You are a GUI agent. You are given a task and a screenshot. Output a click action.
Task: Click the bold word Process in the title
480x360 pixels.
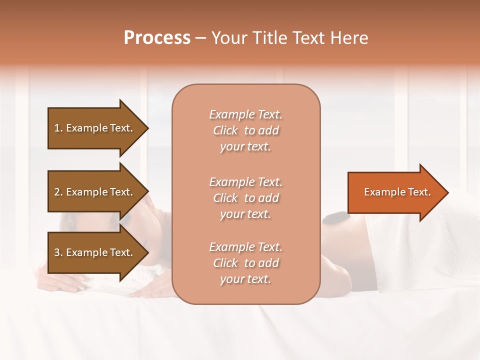tap(157, 38)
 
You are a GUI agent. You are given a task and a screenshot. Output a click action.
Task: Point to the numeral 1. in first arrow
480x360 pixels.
tap(58, 128)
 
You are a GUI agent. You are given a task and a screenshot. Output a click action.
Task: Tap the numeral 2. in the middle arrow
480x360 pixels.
tap(58, 192)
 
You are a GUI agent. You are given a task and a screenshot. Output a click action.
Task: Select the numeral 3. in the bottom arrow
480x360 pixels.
tap(58, 252)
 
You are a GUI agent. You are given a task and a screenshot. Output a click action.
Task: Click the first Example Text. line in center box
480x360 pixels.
tap(245, 114)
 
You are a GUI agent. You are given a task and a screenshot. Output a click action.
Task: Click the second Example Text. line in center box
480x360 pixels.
tap(245, 181)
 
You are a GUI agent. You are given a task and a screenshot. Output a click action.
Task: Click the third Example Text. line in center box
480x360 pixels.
tap(245, 247)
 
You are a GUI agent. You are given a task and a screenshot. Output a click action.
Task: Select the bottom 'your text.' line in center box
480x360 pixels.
tap(245, 279)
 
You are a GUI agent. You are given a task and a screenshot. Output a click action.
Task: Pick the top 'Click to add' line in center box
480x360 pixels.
tap(245, 130)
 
